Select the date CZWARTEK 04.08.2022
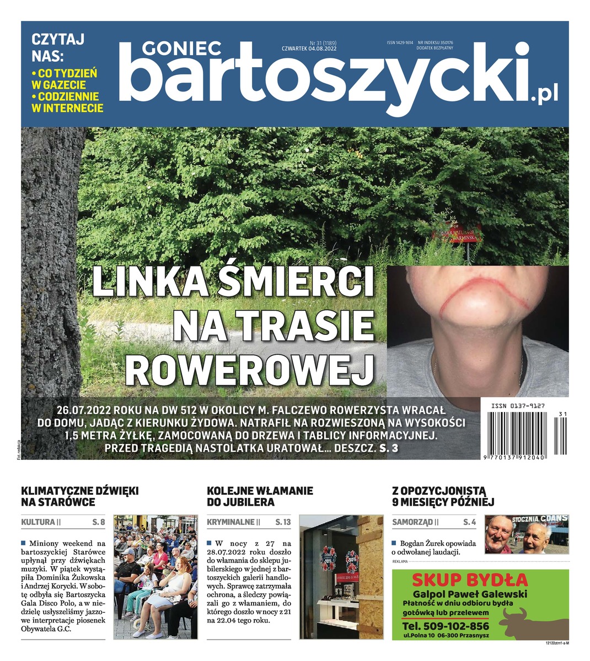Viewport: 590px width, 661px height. pos(309,48)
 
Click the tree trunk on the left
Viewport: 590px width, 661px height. pos(52,275)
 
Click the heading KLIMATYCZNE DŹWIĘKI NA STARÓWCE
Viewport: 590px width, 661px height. pos(79,496)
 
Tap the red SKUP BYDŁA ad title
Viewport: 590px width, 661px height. pos(470,580)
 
